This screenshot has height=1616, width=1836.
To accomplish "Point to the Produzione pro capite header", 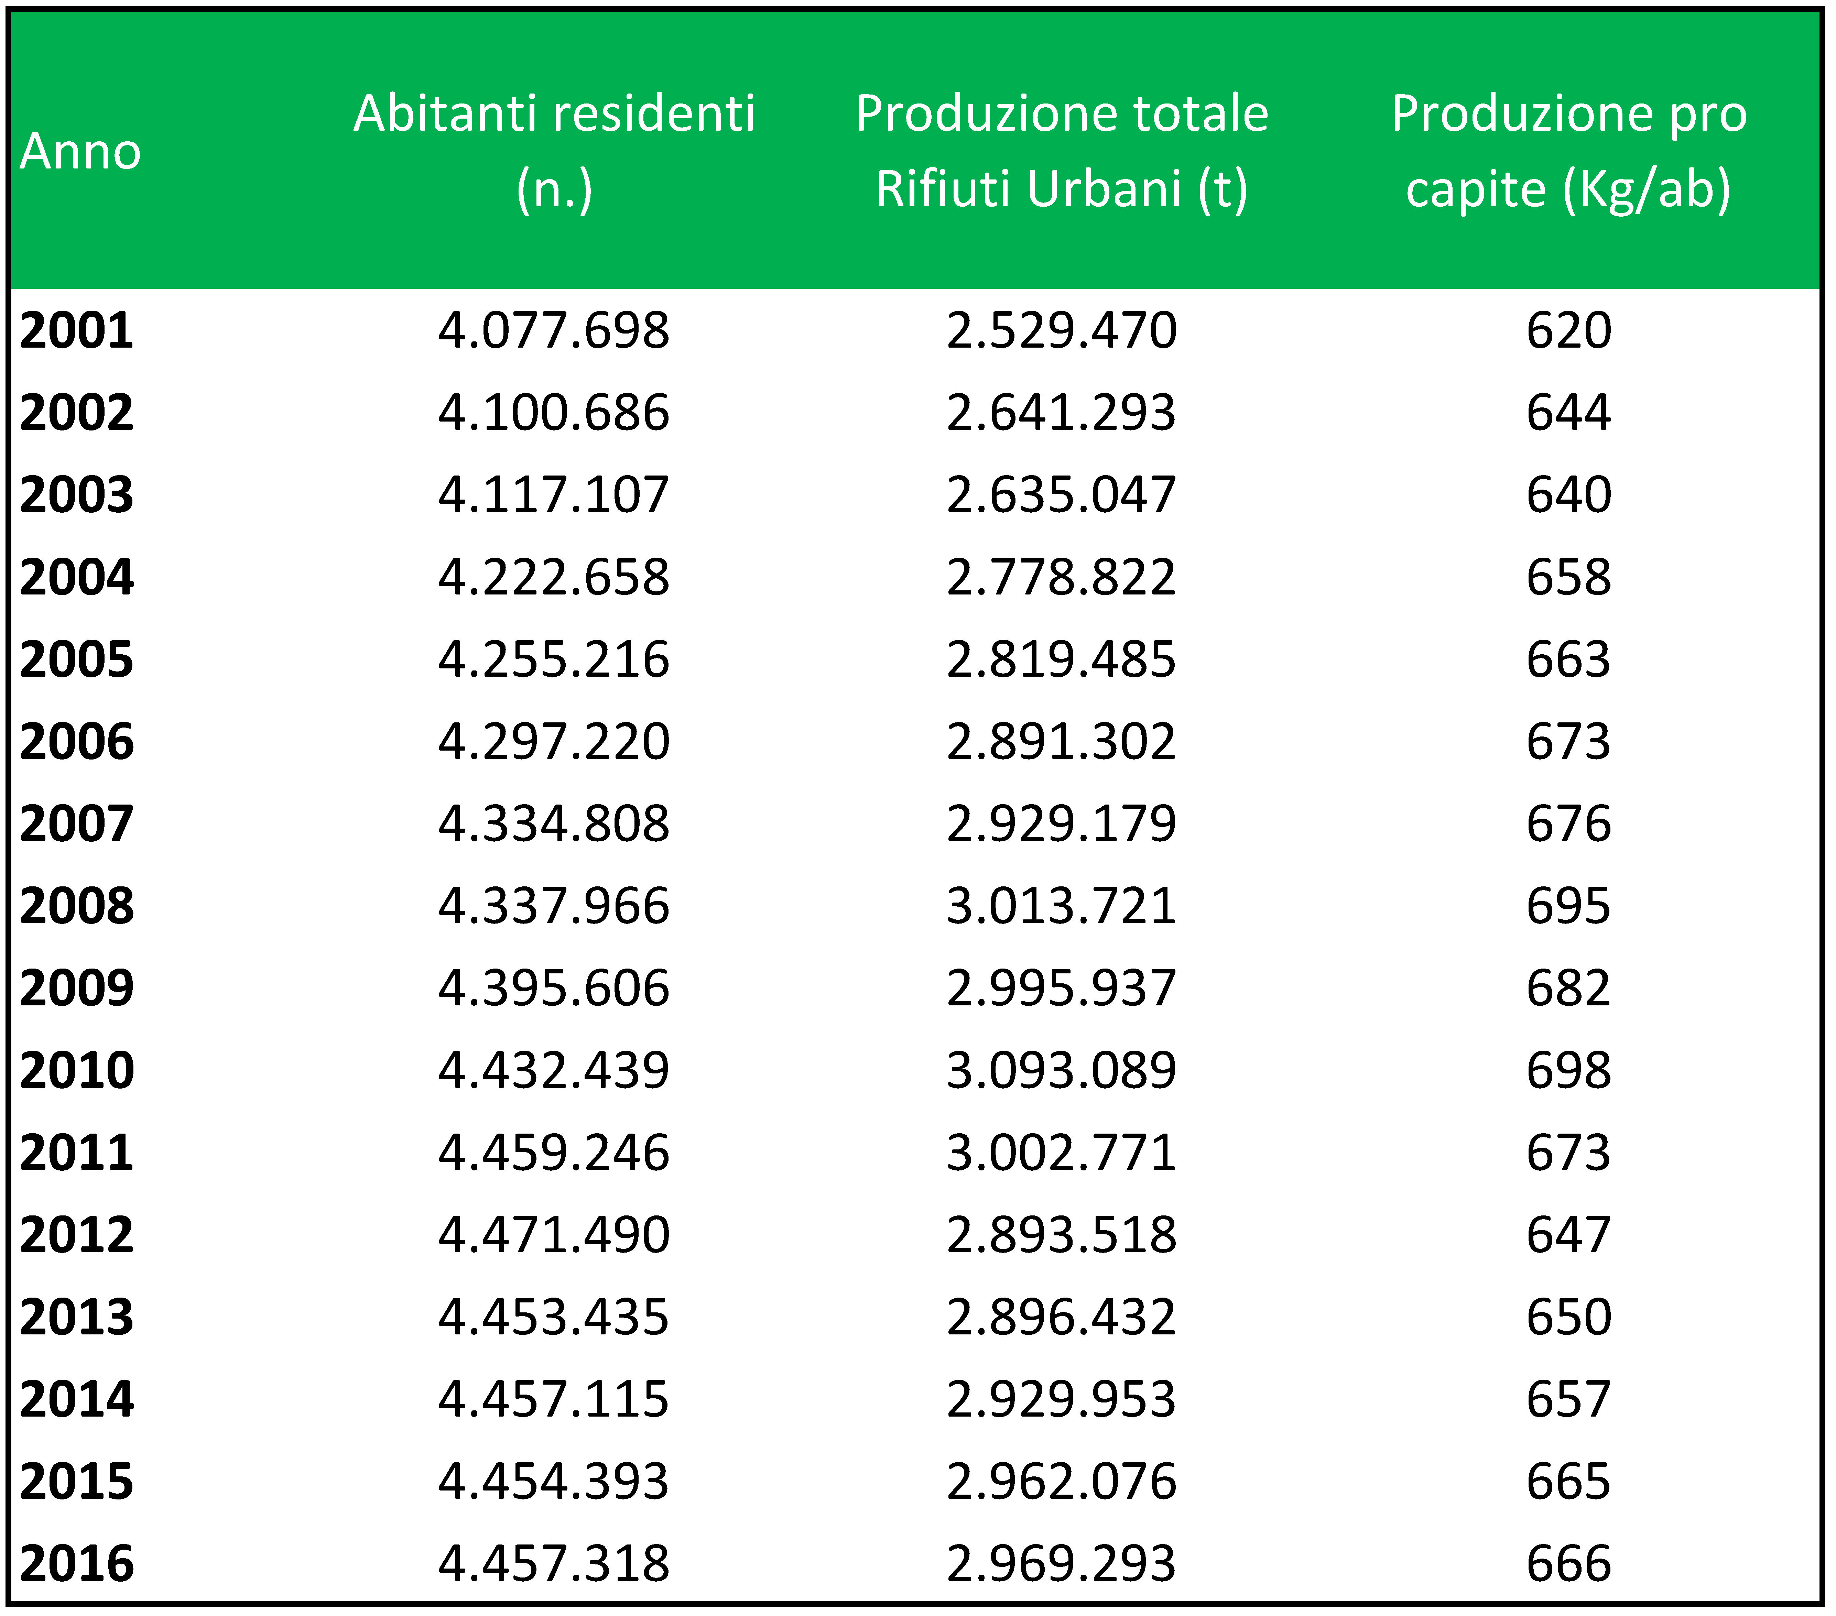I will point(1568,151).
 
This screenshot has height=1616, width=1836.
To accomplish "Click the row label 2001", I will point(76,330).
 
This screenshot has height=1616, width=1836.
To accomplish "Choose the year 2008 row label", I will point(76,905).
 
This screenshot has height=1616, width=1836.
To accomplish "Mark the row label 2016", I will point(76,1563).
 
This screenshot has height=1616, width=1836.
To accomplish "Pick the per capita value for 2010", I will point(1568,1070).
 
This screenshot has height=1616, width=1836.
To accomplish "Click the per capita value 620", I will point(1568,330).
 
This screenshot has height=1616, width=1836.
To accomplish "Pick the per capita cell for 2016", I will point(1568,1563).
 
